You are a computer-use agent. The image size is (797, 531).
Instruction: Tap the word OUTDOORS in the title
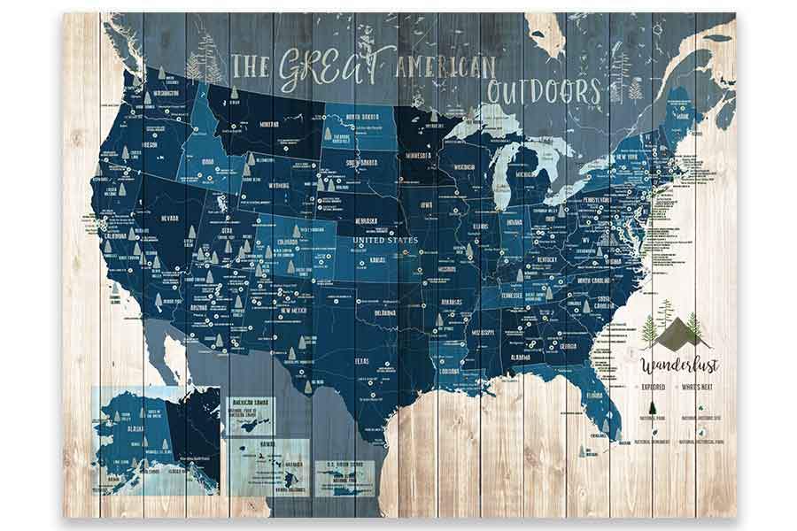pyautogui.click(x=542, y=91)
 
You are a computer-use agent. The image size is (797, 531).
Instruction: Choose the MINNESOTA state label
pyautogui.click(x=418, y=156)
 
